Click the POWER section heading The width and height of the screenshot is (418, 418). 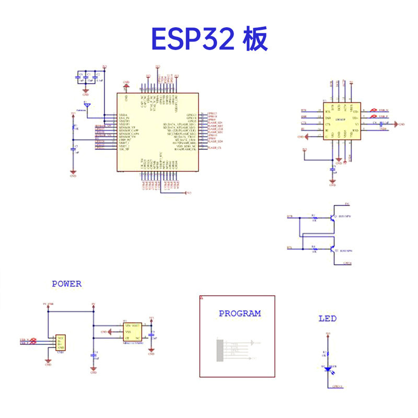coord(66,284)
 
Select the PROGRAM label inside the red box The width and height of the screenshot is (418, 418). coord(239,313)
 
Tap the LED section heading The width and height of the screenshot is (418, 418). coord(328,318)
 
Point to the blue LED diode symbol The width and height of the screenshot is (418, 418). coord(328,368)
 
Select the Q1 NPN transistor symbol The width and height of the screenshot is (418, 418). coord(332,218)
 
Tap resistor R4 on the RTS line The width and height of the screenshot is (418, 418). coord(313,249)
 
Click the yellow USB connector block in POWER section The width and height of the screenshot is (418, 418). coord(61,343)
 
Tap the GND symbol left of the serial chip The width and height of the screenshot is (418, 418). coord(301,137)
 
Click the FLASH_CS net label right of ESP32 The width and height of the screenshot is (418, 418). coord(215,149)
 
